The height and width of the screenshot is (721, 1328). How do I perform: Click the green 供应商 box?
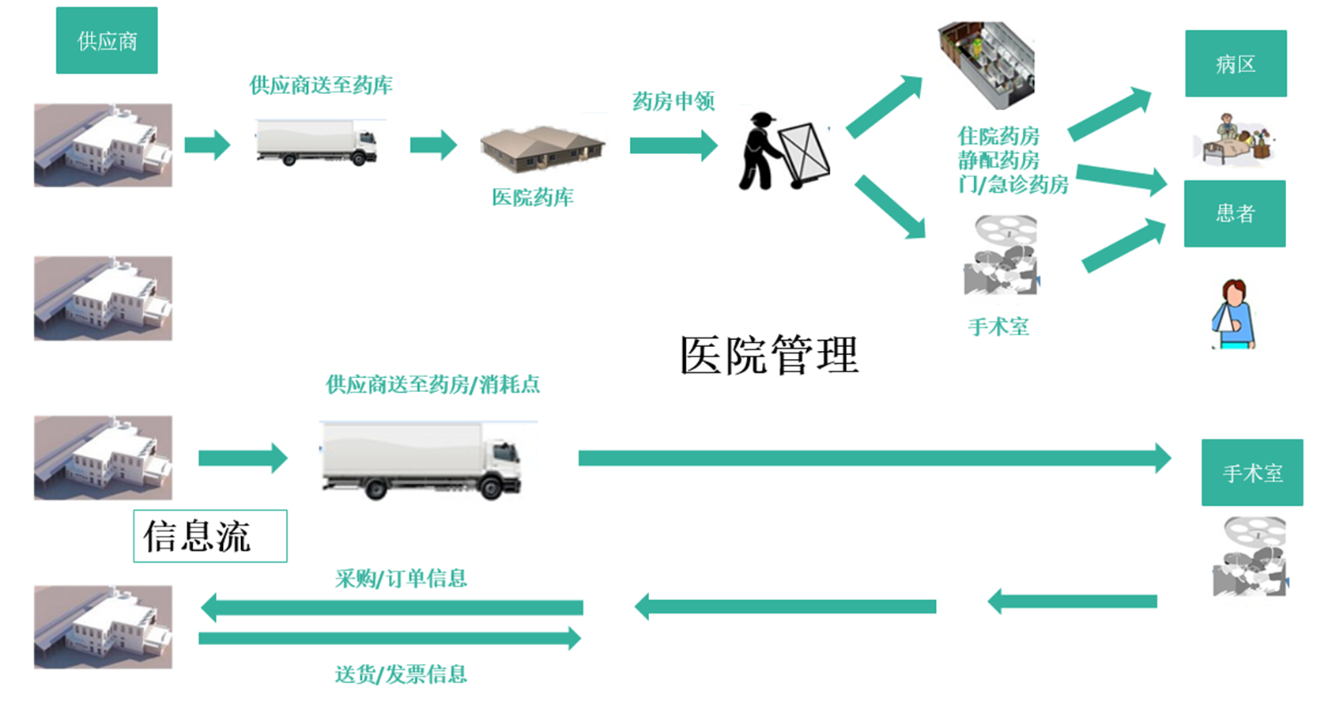[x=107, y=40]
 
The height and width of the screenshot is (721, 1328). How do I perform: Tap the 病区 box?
[x=1236, y=64]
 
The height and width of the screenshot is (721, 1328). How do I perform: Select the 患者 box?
[x=1235, y=213]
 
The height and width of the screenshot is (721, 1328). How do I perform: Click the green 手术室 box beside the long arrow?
[x=1252, y=473]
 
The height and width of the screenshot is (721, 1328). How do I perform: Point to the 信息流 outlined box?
[x=209, y=536]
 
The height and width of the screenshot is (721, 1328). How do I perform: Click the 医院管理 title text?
[x=769, y=355]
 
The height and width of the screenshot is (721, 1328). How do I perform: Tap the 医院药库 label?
[x=533, y=198]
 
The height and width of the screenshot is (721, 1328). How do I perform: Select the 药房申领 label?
[x=673, y=101]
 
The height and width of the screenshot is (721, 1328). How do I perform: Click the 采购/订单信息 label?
[x=401, y=579]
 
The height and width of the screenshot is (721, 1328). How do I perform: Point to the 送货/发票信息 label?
[x=401, y=674]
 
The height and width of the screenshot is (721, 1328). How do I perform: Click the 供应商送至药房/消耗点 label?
[x=433, y=385]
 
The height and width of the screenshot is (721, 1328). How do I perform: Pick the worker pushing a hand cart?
[x=783, y=152]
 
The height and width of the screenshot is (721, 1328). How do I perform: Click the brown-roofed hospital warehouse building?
[x=542, y=148]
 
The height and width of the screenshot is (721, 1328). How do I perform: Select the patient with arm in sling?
[x=1233, y=315]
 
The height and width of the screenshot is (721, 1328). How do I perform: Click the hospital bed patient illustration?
[x=1232, y=139]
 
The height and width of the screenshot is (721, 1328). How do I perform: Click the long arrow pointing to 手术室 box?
[x=873, y=458]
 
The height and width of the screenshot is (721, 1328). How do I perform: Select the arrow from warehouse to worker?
[x=673, y=145]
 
